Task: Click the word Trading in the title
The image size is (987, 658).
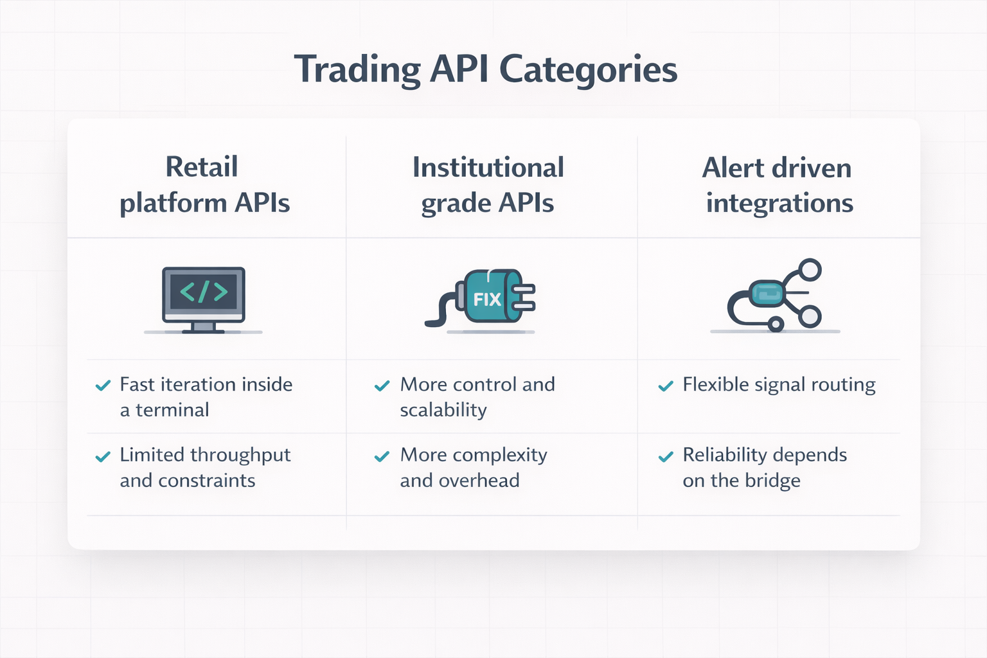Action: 357,69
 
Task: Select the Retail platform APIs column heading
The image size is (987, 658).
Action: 204,184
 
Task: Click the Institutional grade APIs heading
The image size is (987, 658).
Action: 488,185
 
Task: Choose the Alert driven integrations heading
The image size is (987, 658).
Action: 778,185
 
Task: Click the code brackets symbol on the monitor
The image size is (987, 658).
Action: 204,292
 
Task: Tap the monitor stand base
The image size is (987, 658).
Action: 203,330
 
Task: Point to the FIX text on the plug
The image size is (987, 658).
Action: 486,299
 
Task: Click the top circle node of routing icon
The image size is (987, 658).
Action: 810,270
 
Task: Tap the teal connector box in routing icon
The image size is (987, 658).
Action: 767,293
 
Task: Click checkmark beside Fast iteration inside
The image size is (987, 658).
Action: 103,386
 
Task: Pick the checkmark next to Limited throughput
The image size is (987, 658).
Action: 103,456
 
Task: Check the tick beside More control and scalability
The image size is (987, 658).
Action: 382,386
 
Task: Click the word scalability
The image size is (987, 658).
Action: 443,410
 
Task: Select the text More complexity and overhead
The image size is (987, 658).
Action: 473,468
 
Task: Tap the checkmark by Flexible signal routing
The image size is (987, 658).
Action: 666,386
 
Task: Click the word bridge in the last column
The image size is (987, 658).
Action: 772,481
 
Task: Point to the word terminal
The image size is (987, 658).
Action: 172,410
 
